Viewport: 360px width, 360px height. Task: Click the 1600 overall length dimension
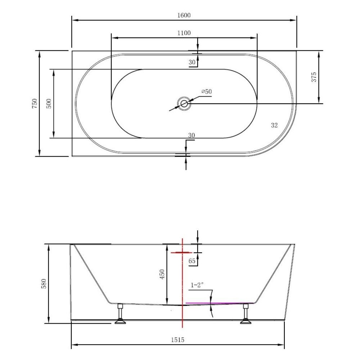tap(184, 15)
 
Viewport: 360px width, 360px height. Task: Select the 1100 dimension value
tap(184, 33)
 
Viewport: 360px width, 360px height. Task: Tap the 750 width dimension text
tap(34, 104)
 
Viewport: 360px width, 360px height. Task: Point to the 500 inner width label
tap(49, 104)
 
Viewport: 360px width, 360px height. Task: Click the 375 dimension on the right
tap(314, 77)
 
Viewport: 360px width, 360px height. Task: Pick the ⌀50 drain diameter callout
tap(206, 91)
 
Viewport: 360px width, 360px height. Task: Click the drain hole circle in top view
tap(184, 104)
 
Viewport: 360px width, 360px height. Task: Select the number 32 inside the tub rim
tap(274, 125)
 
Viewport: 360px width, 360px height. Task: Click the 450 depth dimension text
tap(162, 274)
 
